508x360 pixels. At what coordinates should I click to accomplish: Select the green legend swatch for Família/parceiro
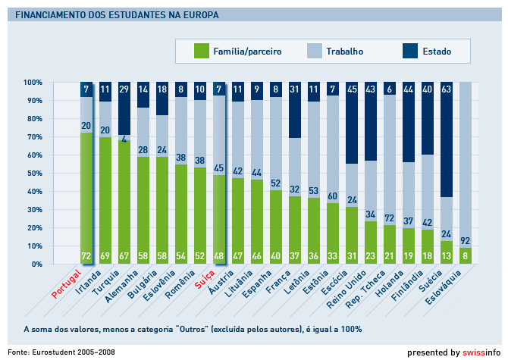click(201, 52)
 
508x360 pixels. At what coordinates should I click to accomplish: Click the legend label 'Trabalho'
click(344, 52)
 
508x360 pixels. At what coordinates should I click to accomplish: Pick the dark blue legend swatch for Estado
click(409, 52)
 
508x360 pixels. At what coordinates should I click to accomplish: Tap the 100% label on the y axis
click(33, 82)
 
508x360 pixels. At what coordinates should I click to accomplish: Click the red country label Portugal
click(67, 282)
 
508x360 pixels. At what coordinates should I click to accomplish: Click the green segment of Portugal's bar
click(86, 197)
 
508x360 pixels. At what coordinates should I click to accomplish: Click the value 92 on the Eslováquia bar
click(466, 241)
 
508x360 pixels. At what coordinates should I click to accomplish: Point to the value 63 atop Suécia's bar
click(447, 89)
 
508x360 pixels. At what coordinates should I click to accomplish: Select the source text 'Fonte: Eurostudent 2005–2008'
click(61, 352)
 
